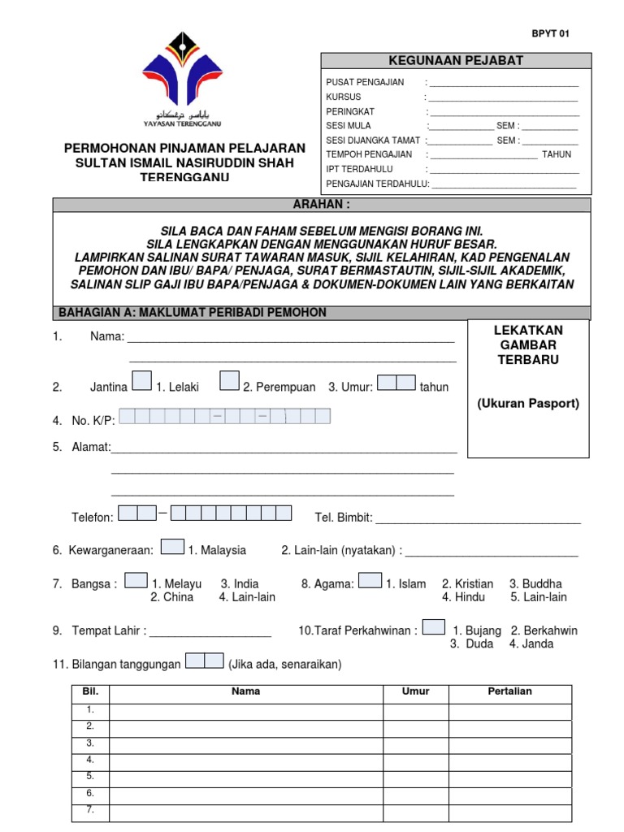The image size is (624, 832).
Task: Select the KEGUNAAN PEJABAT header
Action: [x=456, y=61]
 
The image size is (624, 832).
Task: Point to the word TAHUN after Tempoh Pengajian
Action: [x=557, y=154]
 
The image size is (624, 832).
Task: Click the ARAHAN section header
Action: [x=322, y=205]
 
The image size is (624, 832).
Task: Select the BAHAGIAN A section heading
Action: [x=192, y=313]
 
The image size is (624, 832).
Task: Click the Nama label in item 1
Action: [x=106, y=337]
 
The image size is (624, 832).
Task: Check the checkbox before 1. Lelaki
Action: [x=141, y=380]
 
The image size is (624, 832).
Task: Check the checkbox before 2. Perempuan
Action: [x=229, y=380]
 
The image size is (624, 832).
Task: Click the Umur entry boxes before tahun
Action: [x=396, y=383]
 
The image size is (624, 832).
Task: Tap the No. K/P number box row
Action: [x=225, y=417]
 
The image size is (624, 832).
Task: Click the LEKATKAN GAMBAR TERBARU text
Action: [x=528, y=344]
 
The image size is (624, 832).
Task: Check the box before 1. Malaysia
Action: [x=172, y=547]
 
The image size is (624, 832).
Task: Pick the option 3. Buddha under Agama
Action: [x=535, y=583]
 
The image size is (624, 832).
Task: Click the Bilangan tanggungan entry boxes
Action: [x=204, y=661]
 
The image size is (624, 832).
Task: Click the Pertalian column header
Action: [x=509, y=691]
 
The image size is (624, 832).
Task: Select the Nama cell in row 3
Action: [x=246, y=743]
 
